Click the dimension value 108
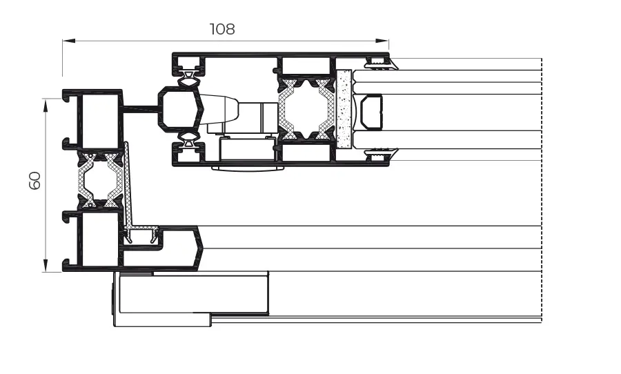pyautogui.click(x=222, y=29)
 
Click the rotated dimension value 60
pyautogui.click(x=34, y=181)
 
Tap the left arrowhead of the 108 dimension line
pyautogui.click(x=67, y=41)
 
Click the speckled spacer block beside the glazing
pyautogui.click(x=344, y=109)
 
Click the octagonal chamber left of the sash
pyautogui.click(x=179, y=108)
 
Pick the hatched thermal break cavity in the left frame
pyautogui.click(x=101, y=181)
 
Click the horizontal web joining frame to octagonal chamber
pyautogui.click(x=141, y=108)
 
